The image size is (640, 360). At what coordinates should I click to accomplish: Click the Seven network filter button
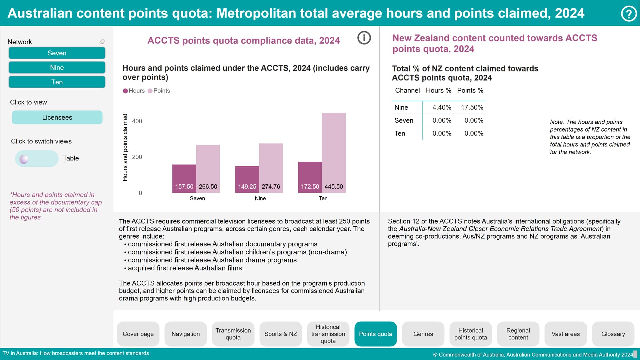57,53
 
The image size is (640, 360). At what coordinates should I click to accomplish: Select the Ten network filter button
57,82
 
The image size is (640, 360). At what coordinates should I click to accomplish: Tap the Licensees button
57,117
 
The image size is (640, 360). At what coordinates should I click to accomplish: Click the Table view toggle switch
36,159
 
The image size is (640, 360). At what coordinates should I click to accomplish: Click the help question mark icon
629,14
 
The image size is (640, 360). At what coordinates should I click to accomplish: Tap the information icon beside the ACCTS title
364,38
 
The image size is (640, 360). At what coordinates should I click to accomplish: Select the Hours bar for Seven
184,178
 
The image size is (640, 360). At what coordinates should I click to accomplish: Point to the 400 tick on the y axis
137,121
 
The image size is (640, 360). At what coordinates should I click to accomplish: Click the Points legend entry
159,91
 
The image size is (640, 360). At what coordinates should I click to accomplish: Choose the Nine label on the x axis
260,198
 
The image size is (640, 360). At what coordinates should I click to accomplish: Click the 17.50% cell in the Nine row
472,107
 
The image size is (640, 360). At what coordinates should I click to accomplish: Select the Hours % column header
438,90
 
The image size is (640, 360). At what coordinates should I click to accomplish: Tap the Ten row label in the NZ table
400,133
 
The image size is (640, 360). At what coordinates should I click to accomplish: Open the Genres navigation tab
423,334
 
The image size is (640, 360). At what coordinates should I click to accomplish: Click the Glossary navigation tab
613,334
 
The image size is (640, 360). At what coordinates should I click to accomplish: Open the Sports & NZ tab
281,334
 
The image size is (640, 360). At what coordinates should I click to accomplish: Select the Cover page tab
138,334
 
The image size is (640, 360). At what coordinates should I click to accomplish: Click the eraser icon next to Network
102,42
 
